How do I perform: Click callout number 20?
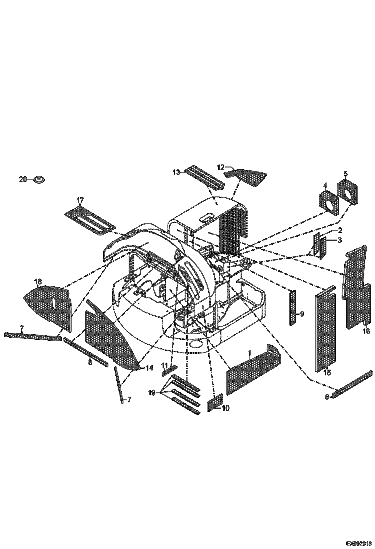(23, 179)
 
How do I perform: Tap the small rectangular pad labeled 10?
(215, 402)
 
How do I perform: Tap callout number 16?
(366, 331)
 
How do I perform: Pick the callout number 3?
(339, 240)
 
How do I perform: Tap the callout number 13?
(176, 172)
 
